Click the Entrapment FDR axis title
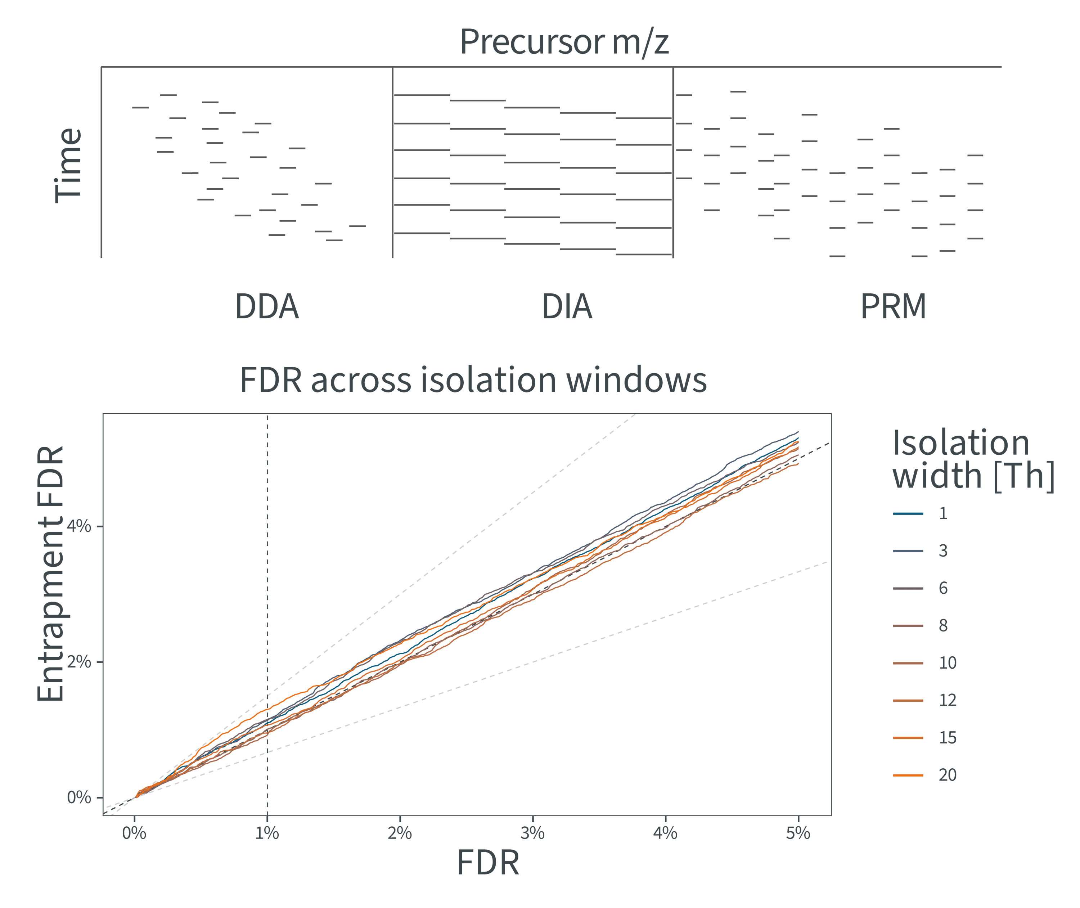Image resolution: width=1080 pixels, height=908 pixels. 50,574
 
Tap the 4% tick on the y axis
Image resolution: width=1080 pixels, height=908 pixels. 79,526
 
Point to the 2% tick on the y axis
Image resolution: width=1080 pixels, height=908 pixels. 79,662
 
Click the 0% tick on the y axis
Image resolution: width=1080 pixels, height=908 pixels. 79,797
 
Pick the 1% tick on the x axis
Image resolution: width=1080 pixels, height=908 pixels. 267,833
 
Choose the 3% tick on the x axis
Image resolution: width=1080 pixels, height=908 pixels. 532,833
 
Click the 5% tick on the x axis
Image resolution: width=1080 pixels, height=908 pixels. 798,833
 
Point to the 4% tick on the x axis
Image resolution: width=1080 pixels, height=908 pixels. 665,833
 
